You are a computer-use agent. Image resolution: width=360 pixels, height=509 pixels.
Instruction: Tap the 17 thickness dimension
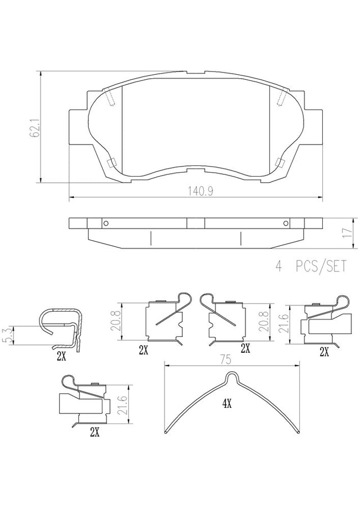[348, 233]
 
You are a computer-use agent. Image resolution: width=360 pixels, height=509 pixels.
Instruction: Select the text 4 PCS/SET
[310, 266]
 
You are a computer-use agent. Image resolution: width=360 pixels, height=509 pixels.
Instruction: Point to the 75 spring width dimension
[226, 360]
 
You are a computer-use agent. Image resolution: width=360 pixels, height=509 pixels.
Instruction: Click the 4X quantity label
[227, 404]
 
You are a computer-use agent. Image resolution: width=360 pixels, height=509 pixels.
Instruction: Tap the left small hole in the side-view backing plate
[106, 223]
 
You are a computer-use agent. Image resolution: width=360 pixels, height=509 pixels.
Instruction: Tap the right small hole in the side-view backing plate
[286, 223]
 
